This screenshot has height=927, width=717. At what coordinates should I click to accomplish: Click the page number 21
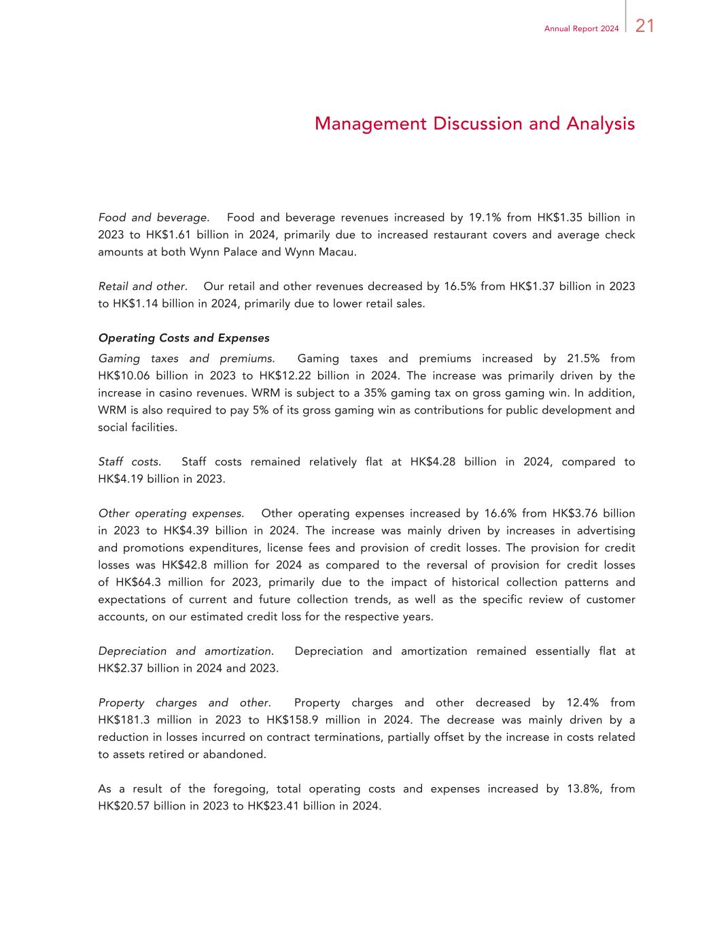tap(644, 26)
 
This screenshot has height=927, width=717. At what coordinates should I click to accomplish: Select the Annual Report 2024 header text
tap(581, 29)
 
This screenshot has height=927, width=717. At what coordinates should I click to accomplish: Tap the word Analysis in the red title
tap(601, 124)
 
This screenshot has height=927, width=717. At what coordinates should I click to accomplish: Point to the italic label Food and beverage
tap(153, 218)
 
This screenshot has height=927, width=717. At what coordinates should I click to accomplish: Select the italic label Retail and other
tap(142, 287)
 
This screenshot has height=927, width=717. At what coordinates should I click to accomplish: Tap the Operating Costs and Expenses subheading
tap(183, 338)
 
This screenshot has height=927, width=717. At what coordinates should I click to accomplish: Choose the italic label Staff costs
tap(129, 462)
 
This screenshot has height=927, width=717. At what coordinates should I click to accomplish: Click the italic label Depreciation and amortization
tap(186, 651)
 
